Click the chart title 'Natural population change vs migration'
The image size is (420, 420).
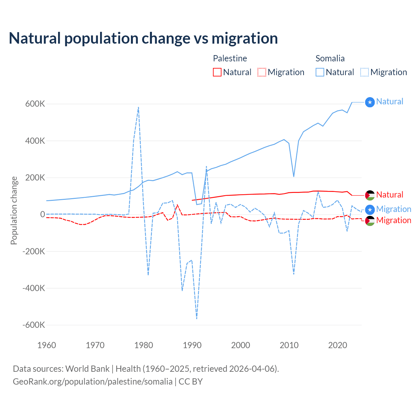click(x=143, y=38)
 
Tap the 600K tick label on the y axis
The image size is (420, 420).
click(x=35, y=104)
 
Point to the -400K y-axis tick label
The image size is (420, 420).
click(x=34, y=288)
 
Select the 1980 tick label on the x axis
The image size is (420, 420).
click(x=144, y=345)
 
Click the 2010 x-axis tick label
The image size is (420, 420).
click(x=289, y=345)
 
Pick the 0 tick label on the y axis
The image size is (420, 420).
click(x=43, y=215)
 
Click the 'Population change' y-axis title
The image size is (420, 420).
click(x=14, y=210)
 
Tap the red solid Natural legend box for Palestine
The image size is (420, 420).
click(x=217, y=72)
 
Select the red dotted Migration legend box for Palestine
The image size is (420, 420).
click(x=262, y=72)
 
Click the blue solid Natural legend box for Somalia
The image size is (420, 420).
click(x=320, y=72)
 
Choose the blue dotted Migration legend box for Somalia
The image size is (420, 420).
click(x=365, y=72)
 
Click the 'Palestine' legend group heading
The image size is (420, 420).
click(x=230, y=58)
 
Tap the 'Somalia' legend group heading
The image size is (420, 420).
click(x=330, y=58)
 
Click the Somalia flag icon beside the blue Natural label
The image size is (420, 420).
click(x=370, y=102)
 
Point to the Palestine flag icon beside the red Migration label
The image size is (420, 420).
click(x=370, y=221)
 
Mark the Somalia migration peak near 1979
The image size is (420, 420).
click(x=138, y=107)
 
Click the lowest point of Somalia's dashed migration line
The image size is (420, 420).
click(x=197, y=319)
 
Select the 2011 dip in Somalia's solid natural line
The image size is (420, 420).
click(x=294, y=177)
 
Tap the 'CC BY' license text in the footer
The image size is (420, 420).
click(x=191, y=382)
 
